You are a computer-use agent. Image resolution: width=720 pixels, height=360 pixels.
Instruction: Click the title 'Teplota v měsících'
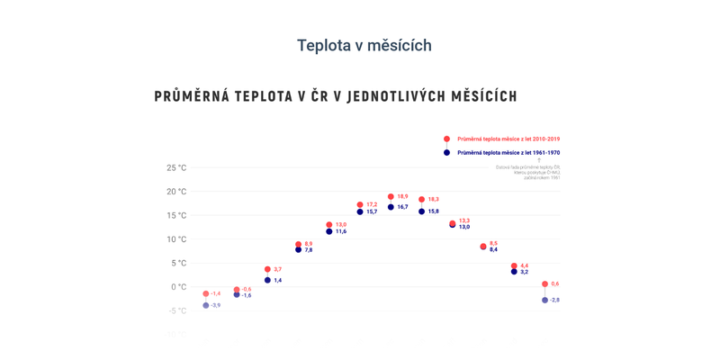[364, 45]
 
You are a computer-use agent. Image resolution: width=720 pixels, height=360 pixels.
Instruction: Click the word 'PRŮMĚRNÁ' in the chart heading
[192, 96]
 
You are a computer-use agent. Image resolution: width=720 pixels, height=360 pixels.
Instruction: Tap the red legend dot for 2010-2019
[446, 139]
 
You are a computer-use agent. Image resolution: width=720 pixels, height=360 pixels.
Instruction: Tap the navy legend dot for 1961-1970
[446, 153]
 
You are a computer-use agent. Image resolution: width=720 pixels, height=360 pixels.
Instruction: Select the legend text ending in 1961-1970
[508, 153]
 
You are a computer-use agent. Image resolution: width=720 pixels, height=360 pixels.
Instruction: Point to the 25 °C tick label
[176, 168]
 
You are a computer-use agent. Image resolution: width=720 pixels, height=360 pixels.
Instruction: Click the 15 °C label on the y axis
[176, 216]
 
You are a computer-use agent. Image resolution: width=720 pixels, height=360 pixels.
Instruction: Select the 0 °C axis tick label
[178, 287]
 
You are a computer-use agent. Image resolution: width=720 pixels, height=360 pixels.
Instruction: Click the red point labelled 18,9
[391, 196]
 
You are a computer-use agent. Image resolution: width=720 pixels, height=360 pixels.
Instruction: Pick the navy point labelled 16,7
[391, 207]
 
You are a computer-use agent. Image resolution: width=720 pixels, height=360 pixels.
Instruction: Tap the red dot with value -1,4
[206, 293]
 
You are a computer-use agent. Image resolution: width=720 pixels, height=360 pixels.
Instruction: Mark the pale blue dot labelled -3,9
[206, 306]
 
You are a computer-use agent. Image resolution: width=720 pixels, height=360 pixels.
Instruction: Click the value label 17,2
[372, 205]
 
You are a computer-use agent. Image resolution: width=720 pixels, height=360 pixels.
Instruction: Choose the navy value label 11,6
[341, 232]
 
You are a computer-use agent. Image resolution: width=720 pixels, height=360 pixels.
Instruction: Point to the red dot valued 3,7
[267, 269]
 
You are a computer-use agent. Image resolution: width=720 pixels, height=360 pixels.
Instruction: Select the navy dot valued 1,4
[267, 281]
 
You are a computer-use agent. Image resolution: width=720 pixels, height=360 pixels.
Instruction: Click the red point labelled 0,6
[544, 284]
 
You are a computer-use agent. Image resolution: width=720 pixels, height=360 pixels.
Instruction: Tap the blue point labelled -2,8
[544, 300]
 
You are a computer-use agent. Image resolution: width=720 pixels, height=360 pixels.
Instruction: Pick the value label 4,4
[525, 265]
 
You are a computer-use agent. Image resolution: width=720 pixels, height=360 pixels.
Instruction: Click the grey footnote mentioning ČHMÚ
[528, 172]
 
